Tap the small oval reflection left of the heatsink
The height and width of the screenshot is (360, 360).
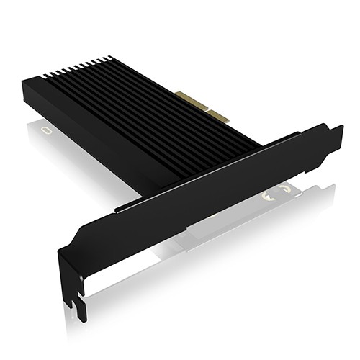(47, 130)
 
